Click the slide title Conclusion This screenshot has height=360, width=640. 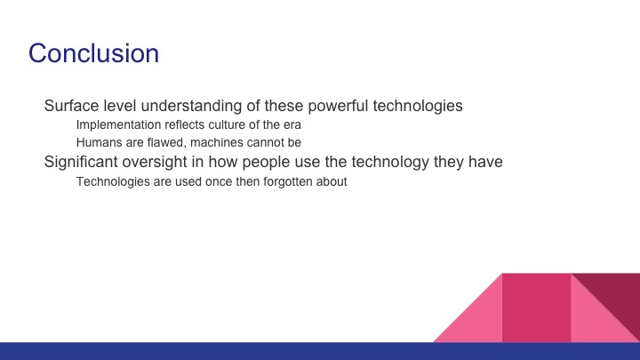pyautogui.click(x=93, y=53)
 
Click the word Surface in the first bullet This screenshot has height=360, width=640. pyautogui.click(x=72, y=106)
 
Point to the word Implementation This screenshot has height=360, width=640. pyautogui.click(x=117, y=125)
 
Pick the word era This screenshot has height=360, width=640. pyautogui.click(x=292, y=125)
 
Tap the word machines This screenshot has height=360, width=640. pyautogui.click(x=216, y=142)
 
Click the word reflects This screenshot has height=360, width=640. pyautogui.click(x=182, y=125)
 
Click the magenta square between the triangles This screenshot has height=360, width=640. pyautogui.click(x=536, y=308)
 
